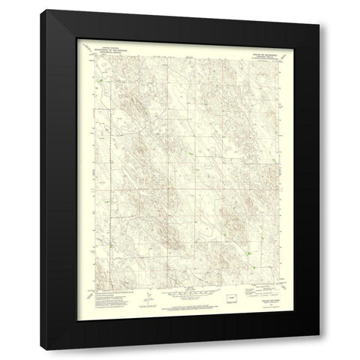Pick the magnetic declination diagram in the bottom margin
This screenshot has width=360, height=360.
point(148,296)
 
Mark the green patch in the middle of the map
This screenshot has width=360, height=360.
point(192,155)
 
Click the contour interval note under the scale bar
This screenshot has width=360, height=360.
point(180,295)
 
